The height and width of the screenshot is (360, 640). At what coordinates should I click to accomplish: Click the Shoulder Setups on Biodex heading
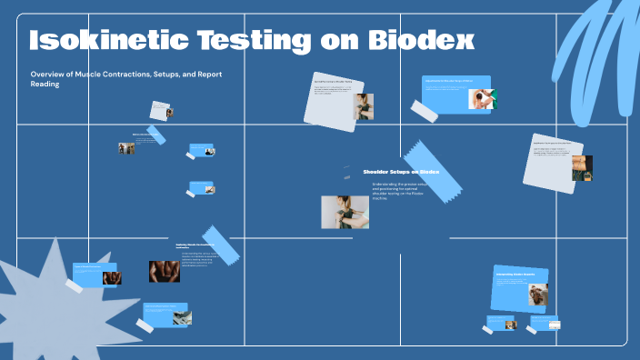click(401, 172)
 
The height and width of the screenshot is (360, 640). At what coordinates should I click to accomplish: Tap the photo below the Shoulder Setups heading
click(345, 212)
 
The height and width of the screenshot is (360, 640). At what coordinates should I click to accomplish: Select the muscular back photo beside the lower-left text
click(165, 271)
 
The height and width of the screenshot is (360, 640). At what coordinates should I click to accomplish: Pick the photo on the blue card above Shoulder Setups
click(481, 99)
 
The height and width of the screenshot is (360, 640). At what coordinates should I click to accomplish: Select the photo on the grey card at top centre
click(364, 106)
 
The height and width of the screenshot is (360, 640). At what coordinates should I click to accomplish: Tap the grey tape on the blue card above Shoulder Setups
click(424, 110)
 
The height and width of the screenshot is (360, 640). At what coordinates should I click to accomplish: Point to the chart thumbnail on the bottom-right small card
click(550, 323)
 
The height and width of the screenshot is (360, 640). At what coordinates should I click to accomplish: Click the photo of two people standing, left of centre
click(125, 147)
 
